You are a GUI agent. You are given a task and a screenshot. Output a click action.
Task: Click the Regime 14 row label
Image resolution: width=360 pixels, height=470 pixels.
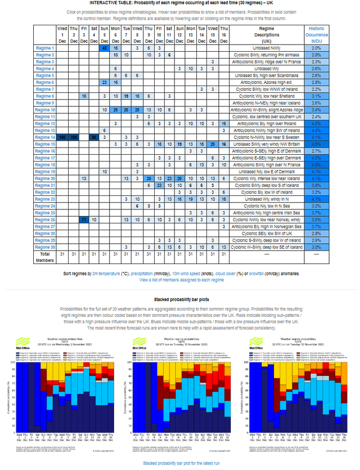point(44,137)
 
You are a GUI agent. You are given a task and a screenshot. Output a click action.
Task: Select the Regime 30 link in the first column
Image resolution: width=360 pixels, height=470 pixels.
point(44,247)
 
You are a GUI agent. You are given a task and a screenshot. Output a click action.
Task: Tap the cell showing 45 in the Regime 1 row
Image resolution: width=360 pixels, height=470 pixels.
point(104,48)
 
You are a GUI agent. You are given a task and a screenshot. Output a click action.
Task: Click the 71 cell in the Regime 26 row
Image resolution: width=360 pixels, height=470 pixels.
point(83,219)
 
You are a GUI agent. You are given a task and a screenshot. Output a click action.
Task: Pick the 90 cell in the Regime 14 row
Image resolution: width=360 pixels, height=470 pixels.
point(94,137)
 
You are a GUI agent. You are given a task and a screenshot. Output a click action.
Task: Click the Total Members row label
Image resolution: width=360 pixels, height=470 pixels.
point(44,257)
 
